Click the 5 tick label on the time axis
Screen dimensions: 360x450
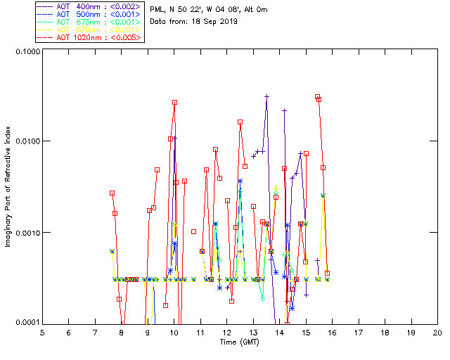42,332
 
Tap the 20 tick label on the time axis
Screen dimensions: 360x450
437,332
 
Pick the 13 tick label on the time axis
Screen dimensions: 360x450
253,332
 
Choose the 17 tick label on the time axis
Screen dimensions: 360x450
359,332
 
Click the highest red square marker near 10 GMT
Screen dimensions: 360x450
174,103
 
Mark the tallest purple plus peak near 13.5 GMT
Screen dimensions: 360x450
267,96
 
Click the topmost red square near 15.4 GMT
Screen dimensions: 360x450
317,97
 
